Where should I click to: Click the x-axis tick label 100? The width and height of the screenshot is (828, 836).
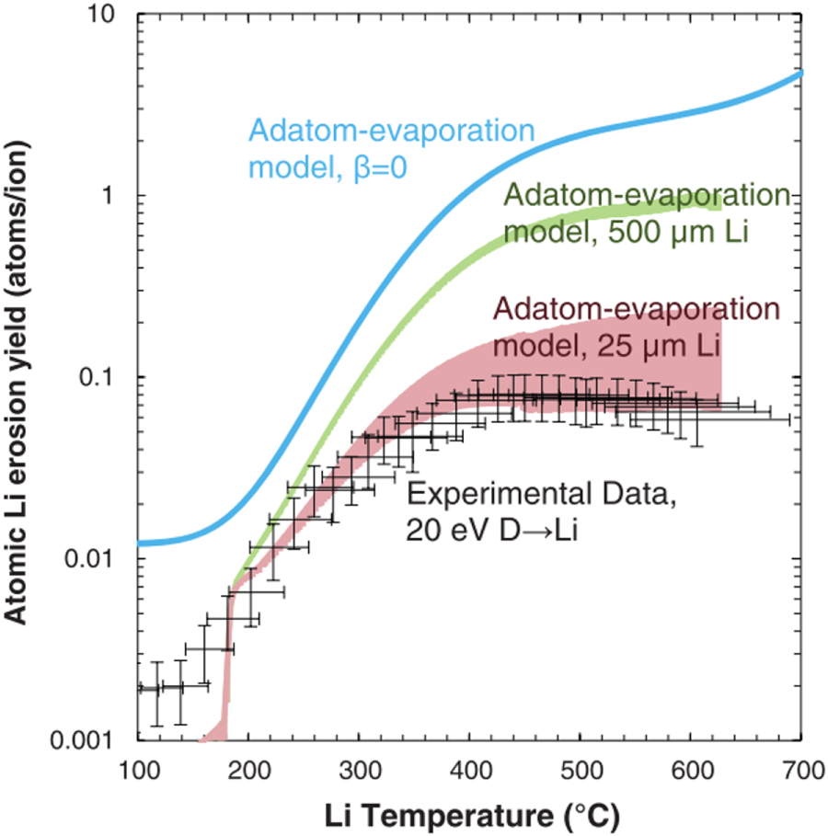click(x=137, y=767)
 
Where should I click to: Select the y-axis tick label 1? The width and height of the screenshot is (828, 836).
click(x=118, y=197)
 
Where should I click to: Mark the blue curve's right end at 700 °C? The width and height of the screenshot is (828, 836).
click(x=800, y=74)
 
